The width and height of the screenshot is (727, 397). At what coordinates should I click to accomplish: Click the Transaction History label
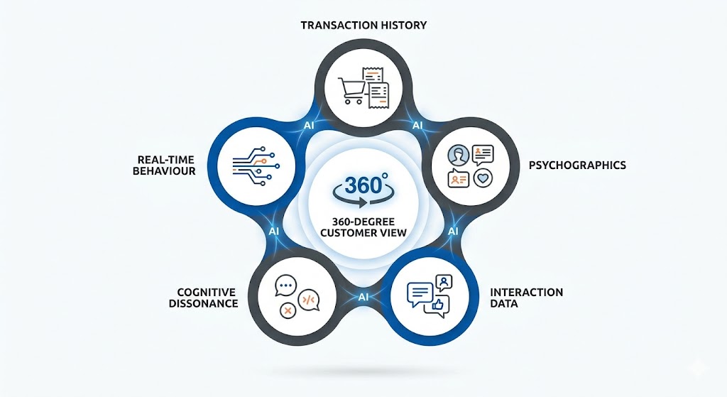tap(363, 25)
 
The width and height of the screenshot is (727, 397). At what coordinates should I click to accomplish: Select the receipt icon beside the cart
tap(376, 86)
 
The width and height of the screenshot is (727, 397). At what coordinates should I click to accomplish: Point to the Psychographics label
tap(577, 165)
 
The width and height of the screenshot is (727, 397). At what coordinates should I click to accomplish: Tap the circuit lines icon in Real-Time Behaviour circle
tap(252, 164)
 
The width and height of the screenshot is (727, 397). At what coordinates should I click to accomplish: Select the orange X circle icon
tap(288, 310)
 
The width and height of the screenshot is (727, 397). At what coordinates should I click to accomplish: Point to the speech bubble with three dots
tap(285, 285)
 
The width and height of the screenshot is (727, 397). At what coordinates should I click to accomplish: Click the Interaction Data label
tap(516, 298)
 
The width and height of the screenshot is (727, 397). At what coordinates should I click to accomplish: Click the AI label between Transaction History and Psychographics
tap(418, 125)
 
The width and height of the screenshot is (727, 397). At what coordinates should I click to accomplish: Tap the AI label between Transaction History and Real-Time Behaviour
tap(309, 125)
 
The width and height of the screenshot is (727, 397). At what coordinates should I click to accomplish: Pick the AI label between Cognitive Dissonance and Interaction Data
tap(363, 296)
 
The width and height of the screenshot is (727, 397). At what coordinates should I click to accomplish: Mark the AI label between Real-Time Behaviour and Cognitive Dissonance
tap(274, 232)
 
